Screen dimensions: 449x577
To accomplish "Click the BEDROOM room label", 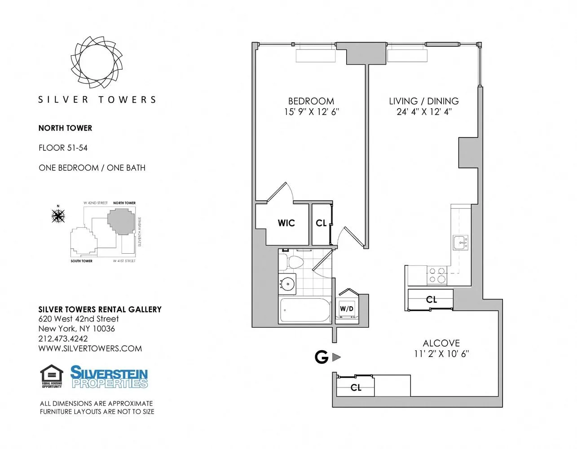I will [311, 101].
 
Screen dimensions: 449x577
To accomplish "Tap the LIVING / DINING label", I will [423, 101].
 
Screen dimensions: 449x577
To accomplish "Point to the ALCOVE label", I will [441, 343].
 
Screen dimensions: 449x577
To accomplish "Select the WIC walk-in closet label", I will [286, 223].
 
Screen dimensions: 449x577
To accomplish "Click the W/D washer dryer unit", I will [347, 308].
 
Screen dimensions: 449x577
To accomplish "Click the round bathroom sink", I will [287, 284].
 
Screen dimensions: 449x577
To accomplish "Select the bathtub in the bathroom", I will [305, 310].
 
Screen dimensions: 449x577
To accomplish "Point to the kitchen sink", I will [460, 242].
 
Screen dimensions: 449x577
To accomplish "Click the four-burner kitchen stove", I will [436, 275].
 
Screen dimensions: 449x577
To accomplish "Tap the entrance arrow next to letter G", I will [336, 357].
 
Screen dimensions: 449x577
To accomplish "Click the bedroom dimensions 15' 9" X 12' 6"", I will [311, 112].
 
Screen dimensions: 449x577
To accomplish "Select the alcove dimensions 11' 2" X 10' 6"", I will [441, 354].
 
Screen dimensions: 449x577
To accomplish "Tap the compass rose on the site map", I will [58, 216].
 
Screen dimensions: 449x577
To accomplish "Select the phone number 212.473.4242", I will [63, 339].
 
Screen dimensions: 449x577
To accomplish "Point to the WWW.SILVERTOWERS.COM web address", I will [90, 348].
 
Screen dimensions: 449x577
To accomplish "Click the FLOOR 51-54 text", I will [63, 148].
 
